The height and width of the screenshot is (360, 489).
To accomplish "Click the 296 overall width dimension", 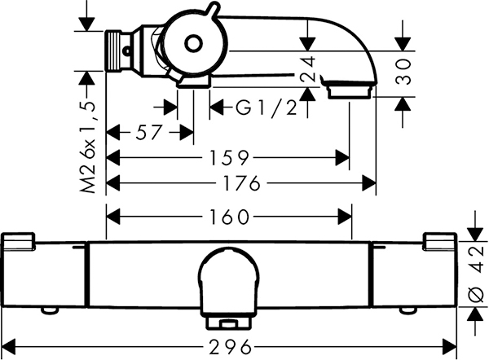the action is pos(230,347).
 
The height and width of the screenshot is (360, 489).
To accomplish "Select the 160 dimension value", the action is pos(230,217).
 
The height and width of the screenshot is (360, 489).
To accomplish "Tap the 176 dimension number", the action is pos(242,183).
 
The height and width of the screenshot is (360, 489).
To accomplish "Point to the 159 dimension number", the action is pos(230,158).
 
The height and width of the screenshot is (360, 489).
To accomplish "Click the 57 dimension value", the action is pos(149,132).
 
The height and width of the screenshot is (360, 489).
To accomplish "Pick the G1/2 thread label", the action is pos(266,108).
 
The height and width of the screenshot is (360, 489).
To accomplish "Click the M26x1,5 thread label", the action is pos(88,147).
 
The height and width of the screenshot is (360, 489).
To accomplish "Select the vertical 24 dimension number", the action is pos(308,69).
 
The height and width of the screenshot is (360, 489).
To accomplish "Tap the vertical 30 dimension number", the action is pos(403,72).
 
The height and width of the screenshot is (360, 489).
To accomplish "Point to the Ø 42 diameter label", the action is pos(476,274).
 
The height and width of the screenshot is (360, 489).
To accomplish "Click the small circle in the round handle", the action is pos(193,43).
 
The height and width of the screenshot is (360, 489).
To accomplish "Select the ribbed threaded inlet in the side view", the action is pos(114,50).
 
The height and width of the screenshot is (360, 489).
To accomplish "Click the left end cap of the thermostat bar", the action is pos(19,241).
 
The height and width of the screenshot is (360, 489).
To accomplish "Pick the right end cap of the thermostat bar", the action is pos(440,241).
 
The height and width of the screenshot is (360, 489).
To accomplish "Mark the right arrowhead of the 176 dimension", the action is pos(369,183).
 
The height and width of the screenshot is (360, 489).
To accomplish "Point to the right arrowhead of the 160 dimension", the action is pos(345,217).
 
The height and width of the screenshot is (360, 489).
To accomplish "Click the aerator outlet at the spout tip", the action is pos(350,90).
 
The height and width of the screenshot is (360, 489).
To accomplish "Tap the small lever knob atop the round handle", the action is pos(213,9).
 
